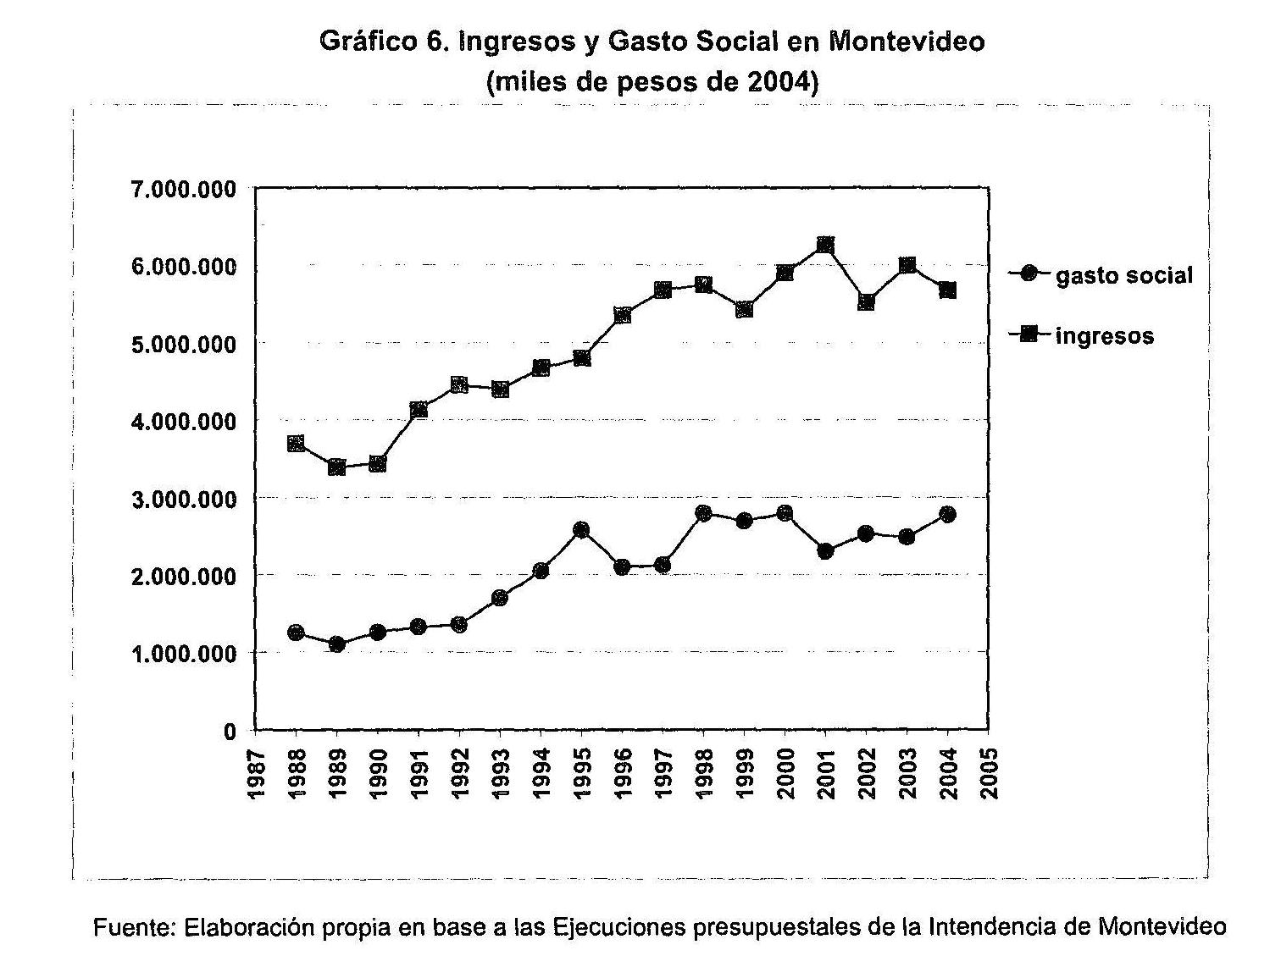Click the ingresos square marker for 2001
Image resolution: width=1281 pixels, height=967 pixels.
pos(825,246)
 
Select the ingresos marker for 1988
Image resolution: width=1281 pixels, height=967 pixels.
pos(296,444)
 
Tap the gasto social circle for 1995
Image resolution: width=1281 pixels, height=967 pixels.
pos(581,530)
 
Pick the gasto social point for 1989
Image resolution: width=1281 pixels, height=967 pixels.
pos(337,644)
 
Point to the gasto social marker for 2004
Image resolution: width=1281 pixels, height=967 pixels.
pos(947,514)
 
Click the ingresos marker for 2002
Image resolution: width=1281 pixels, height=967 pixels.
pos(866,302)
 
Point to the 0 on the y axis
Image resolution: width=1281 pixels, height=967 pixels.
pos(230,732)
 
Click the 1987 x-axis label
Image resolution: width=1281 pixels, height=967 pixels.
pos(255,772)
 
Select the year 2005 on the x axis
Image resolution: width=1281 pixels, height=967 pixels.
pos(988,772)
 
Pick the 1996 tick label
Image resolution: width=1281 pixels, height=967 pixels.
pos(622,772)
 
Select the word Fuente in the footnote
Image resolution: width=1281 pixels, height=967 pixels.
pos(134,926)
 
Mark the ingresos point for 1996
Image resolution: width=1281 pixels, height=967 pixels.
pos(622,316)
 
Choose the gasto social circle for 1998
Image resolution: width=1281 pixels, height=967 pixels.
pos(703,513)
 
